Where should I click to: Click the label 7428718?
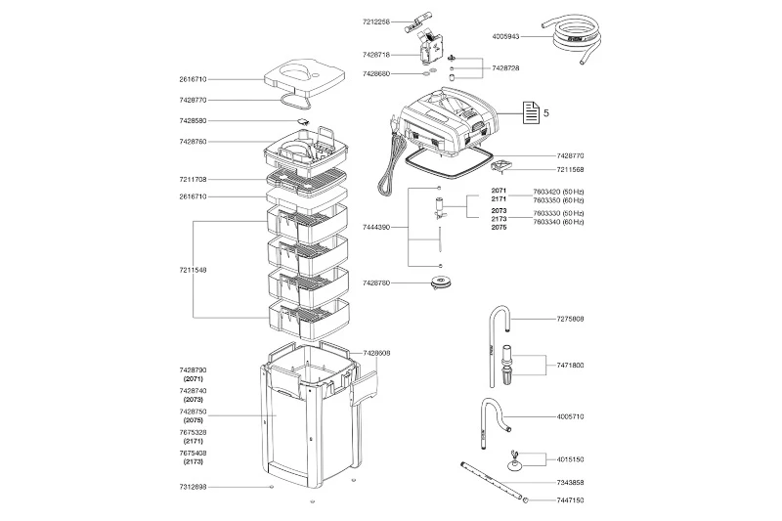pyautogui.click(x=376, y=57)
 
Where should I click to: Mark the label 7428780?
pyautogui.click(x=376, y=282)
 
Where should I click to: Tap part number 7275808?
pyautogui.click(x=571, y=319)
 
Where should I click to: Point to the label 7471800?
pyautogui.click(x=571, y=364)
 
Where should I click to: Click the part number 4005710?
pyautogui.click(x=571, y=416)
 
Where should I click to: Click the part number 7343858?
pyautogui.click(x=571, y=483)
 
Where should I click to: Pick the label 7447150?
pyautogui.click(x=571, y=499)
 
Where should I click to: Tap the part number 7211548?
pyautogui.click(x=194, y=269)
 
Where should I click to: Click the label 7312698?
pyautogui.click(x=194, y=487)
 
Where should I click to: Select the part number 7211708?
pyautogui.click(x=194, y=180)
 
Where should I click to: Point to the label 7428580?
pyautogui.click(x=194, y=120)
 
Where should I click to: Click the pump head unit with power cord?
pyautogui.click(x=445, y=122)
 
